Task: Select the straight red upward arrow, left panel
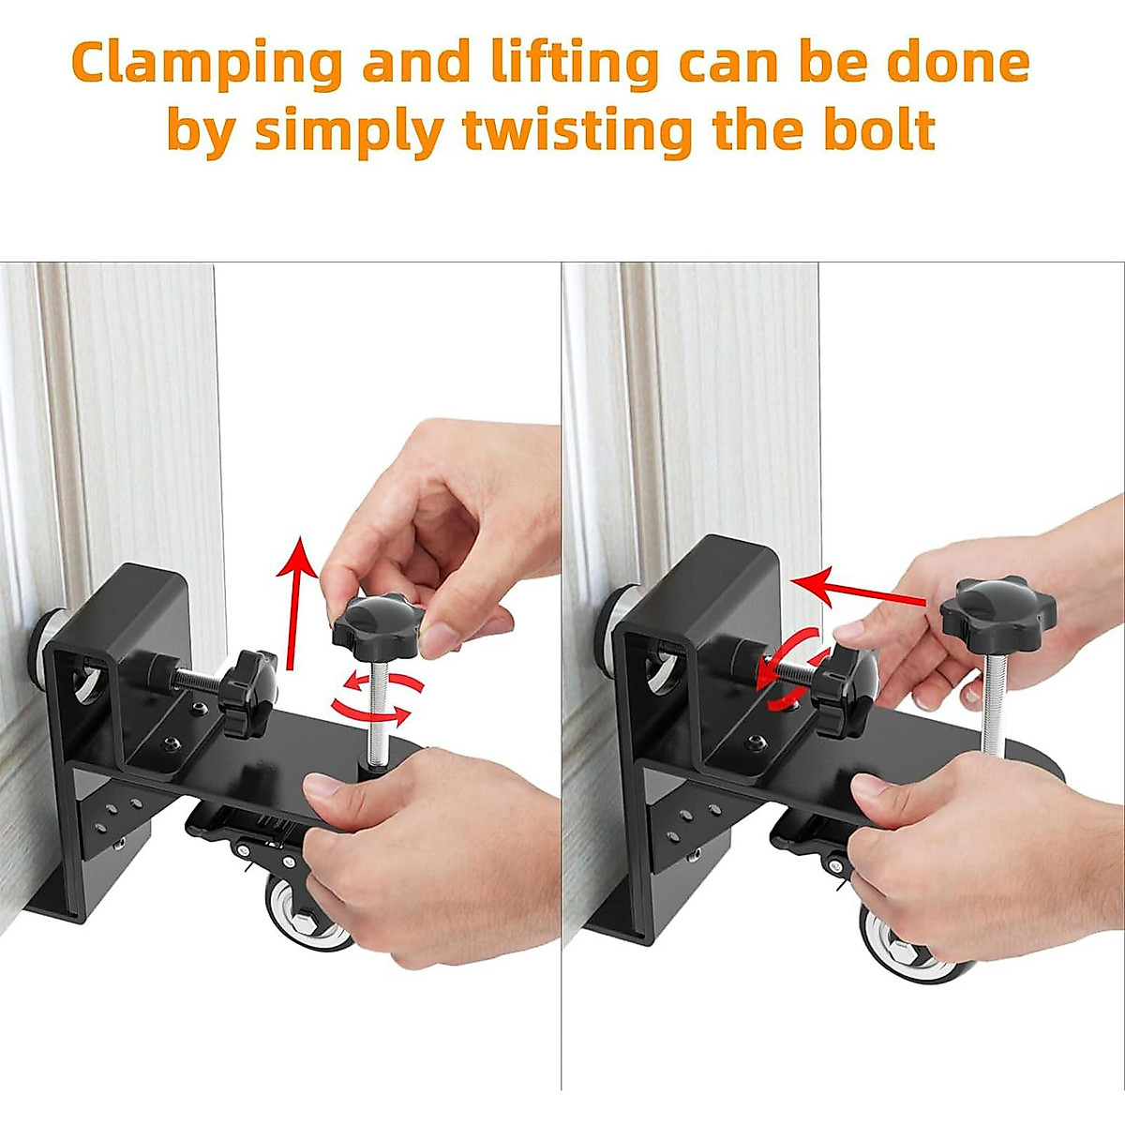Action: (x=299, y=600)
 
